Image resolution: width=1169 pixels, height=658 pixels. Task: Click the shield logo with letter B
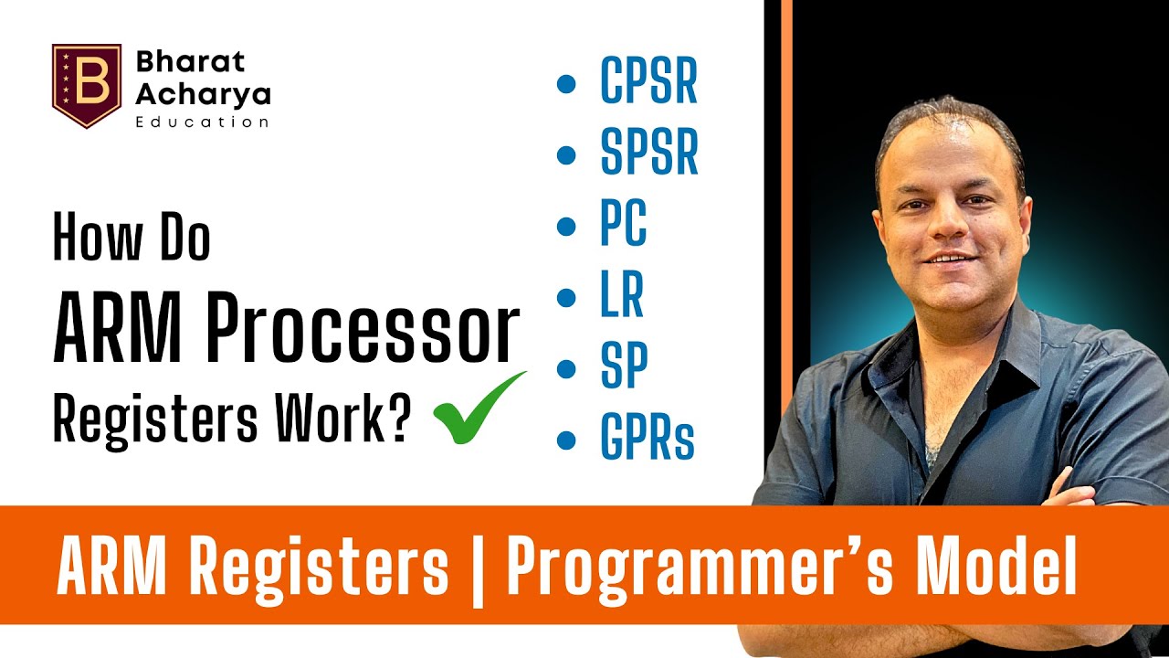click(87, 85)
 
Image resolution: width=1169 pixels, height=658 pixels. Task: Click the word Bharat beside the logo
click(190, 62)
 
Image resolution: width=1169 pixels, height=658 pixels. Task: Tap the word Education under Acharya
click(202, 122)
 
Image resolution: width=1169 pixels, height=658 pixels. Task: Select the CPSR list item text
click(648, 82)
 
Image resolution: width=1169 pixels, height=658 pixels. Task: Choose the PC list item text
click(623, 225)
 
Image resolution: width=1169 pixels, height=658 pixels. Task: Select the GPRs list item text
click(647, 439)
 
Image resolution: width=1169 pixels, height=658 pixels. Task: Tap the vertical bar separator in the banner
click(478, 568)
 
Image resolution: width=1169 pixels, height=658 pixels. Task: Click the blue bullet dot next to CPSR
click(566, 84)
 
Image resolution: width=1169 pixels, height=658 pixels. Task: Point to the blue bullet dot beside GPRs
click(566, 440)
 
